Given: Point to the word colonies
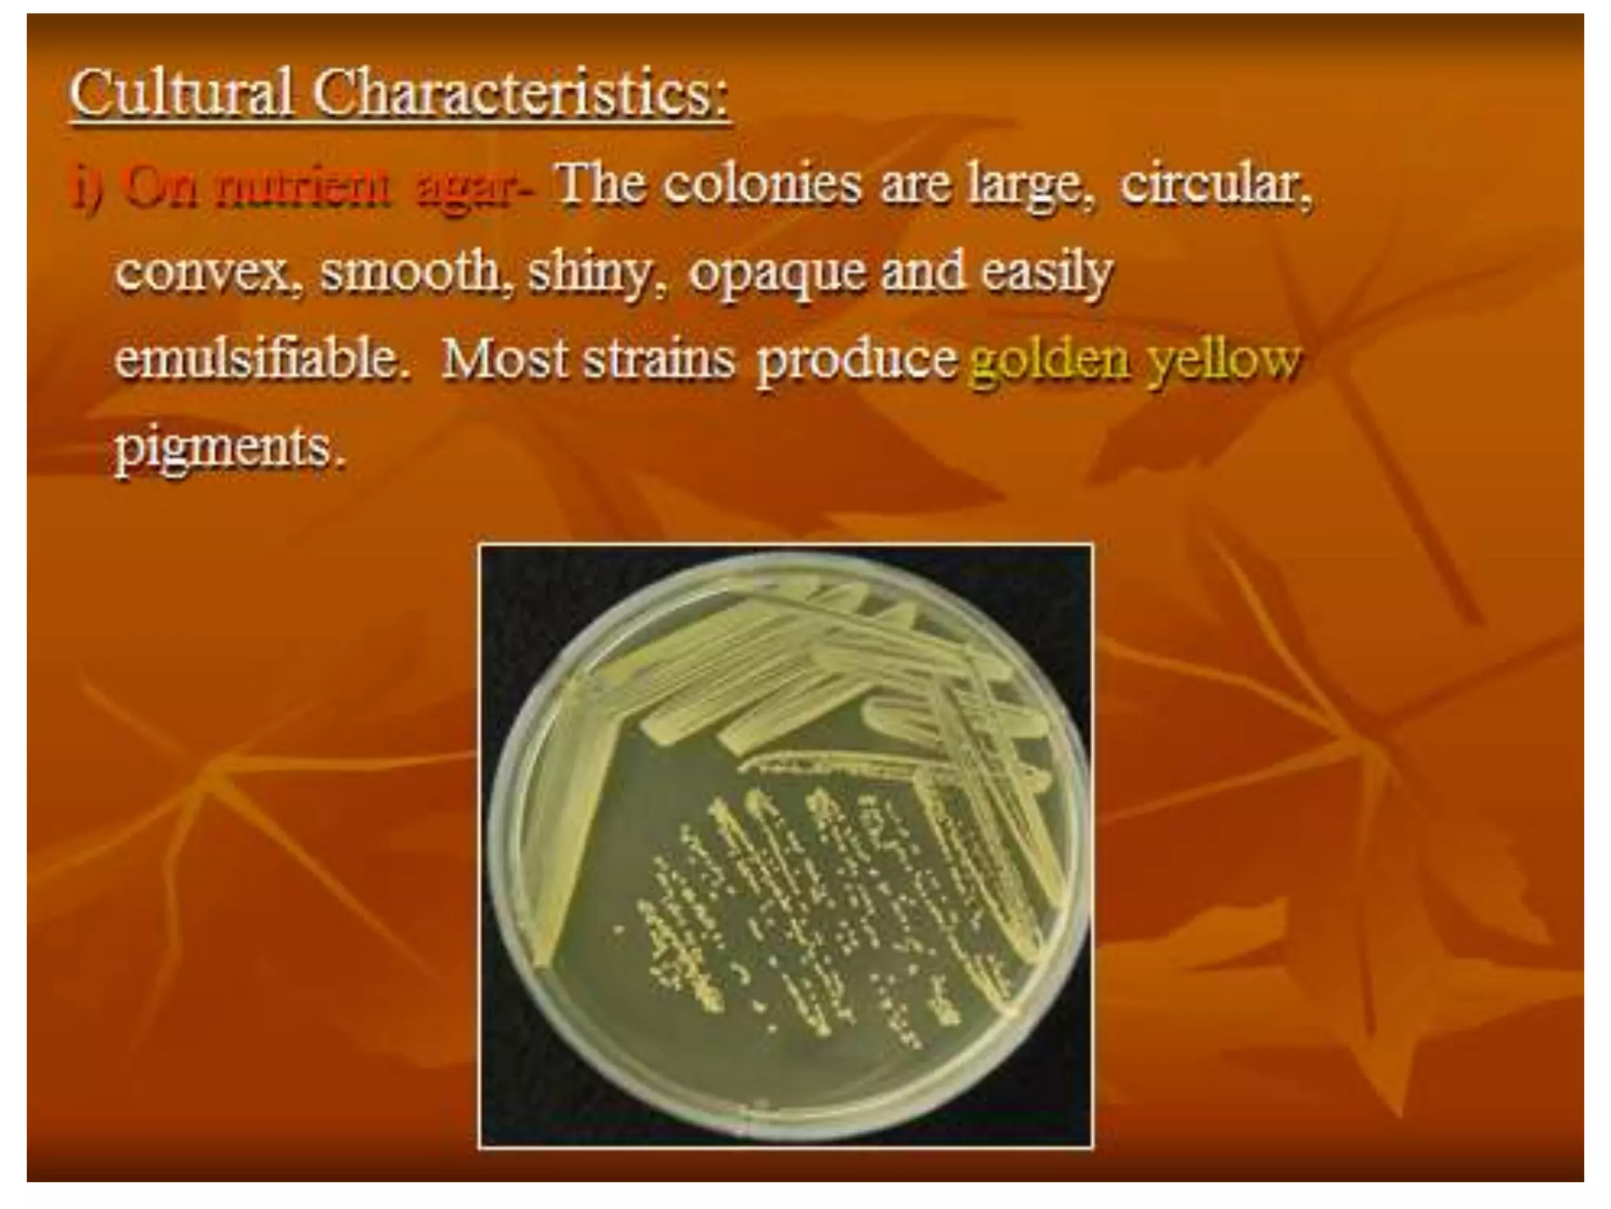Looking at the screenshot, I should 761,184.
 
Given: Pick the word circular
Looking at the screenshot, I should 1215,184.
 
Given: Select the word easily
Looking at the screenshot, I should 1046,274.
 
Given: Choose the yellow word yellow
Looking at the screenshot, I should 1223,360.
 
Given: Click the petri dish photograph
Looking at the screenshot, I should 785,846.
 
